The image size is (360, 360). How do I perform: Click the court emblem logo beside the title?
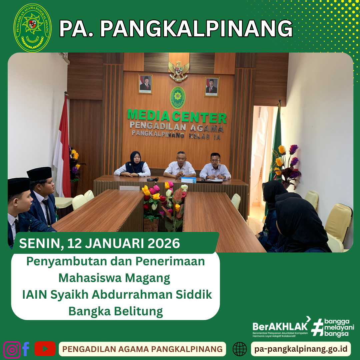pos(32,28)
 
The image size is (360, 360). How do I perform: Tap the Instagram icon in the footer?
pos(12,349)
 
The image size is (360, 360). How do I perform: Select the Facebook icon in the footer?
pos(26,349)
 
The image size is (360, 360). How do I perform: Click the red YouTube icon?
pos(45,349)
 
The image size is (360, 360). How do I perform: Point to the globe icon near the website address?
pos(240,349)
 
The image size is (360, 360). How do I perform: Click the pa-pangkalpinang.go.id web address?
pos(301,349)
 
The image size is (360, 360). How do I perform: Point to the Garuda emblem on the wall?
pos(179,70)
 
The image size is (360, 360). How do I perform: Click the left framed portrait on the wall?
pos(145,84)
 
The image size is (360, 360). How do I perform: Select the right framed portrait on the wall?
pos(212,86)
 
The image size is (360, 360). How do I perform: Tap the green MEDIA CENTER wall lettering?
pos(177,116)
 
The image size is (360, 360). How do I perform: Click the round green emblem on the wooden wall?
pos(178,97)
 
